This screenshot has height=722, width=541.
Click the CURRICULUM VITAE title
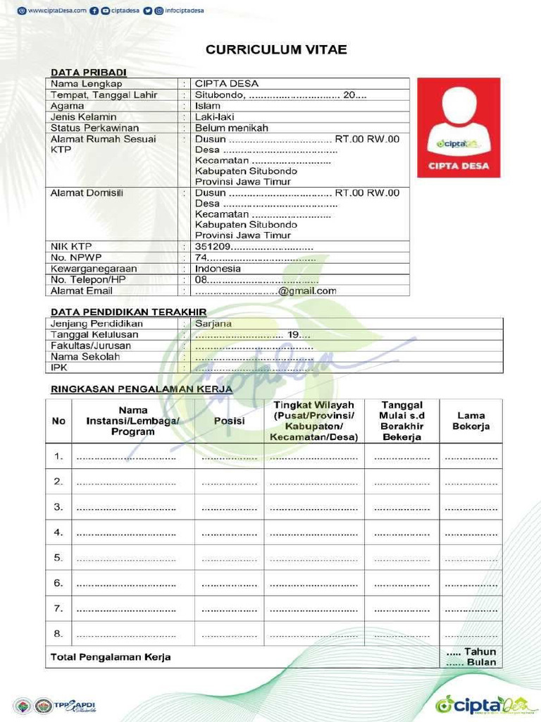pos(276,50)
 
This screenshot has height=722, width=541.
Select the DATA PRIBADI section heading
pos(88,73)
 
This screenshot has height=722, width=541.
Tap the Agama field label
pos(67,106)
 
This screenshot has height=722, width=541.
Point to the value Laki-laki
pos(214,117)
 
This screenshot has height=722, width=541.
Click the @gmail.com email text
pos(307,290)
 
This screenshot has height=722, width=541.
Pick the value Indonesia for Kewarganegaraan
pos(218,269)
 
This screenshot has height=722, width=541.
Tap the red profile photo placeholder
pos(459,128)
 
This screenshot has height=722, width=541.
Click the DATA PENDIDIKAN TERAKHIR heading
pos(128,312)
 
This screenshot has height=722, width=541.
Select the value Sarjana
pos(213,324)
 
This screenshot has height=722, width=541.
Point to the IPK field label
pos(58,367)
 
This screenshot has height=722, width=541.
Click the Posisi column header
pos(229,421)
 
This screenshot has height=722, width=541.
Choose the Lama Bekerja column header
pos(471,421)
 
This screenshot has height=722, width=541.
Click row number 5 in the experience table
pos(58,558)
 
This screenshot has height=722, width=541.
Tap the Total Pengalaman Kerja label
pos(111,657)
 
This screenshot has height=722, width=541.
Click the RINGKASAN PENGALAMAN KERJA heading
pos(142,389)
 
